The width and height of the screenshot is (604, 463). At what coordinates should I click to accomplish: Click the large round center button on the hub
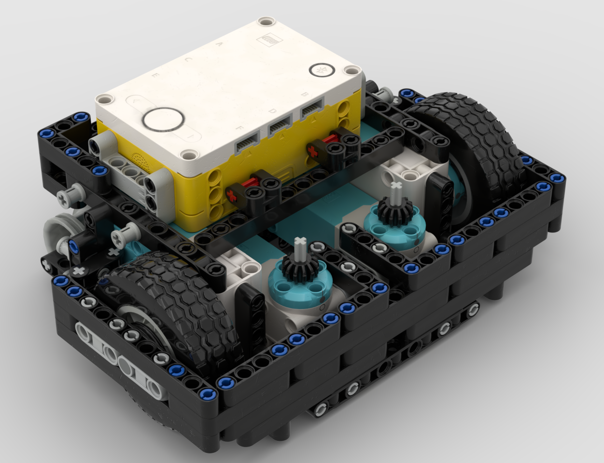(x=164, y=119)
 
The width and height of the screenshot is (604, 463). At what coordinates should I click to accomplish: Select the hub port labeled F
(x=246, y=144)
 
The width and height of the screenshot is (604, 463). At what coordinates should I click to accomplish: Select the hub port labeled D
(x=280, y=128)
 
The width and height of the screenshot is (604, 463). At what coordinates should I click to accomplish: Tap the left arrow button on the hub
(x=134, y=102)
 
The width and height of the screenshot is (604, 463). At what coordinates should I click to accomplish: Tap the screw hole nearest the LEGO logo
(x=264, y=21)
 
